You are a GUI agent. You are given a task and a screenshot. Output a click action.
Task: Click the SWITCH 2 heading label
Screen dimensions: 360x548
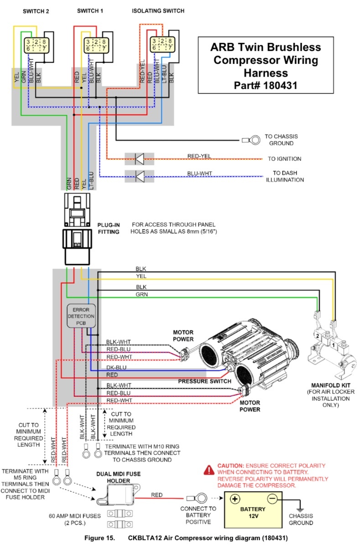point(36,11)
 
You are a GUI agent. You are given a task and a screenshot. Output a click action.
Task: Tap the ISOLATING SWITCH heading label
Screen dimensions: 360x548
point(158,11)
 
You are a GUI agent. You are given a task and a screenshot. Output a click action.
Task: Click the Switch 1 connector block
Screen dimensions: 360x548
point(96,45)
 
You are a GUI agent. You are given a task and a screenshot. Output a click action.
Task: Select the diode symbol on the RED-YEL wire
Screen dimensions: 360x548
point(140,159)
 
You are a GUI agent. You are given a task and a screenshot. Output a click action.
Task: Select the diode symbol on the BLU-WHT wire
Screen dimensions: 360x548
point(140,176)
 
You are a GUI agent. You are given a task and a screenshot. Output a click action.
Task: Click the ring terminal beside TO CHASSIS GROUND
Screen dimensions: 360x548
point(251,140)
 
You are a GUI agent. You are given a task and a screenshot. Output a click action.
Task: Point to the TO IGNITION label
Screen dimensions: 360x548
point(284,159)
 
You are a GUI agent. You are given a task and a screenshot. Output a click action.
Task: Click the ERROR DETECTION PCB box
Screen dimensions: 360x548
point(81,316)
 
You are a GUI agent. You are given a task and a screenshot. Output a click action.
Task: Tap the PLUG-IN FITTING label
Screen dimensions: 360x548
point(109,228)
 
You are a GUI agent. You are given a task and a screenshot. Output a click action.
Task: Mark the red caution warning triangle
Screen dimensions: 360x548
point(209,470)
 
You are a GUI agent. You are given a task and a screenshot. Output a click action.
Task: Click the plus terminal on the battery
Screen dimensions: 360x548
point(235,499)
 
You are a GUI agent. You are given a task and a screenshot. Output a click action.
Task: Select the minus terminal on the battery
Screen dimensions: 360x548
point(272,498)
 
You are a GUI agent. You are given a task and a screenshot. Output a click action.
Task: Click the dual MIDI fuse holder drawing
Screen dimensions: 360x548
point(119,495)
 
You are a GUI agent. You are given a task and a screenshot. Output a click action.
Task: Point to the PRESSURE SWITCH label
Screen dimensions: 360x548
point(204,381)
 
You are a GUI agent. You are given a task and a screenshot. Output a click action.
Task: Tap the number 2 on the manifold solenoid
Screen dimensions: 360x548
point(318,336)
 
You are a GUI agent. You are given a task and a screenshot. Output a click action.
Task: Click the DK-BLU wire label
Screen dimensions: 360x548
point(116,368)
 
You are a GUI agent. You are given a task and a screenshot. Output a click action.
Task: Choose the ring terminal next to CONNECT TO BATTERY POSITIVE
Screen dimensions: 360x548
point(197,498)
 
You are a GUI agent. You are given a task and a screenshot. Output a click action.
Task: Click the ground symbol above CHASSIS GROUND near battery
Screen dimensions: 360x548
point(300,510)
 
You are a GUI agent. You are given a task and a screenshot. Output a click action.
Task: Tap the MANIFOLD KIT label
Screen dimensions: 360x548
point(331,385)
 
